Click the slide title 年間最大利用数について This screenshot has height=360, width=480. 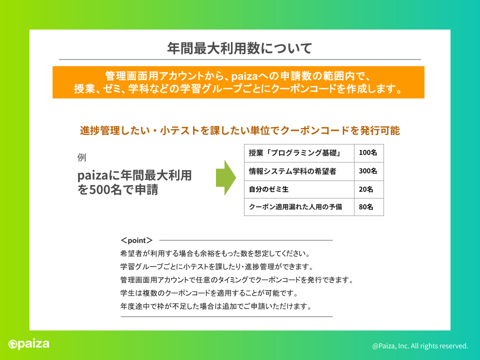pyautogui.click(x=239, y=48)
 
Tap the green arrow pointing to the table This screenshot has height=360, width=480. pyautogui.click(x=226, y=177)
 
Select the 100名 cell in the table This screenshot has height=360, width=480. pyautogui.click(x=368, y=152)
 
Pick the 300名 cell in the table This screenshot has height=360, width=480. pyautogui.click(x=368, y=171)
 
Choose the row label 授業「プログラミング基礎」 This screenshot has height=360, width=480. pyautogui.click(x=295, y=152)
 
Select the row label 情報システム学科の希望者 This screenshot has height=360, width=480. pyautogui.click(x=292, y=171)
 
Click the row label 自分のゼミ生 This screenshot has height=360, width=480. pyautogui.click(x=268, y=189)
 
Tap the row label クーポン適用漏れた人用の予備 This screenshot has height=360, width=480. pyautogui.click(x=295, y=207)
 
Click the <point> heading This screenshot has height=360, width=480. pyautogui.click(x=136, y=240)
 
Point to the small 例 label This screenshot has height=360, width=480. pyautogui.click(x=81, y=157)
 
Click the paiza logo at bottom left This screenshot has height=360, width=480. pyautogui.click(x=29, y=344)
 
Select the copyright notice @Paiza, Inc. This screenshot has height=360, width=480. pyautogui.click(x=420, y=346)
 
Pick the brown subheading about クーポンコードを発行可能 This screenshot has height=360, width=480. pyautogui.click(x=239, y=130)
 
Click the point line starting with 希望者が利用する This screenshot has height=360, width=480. pyautogui.click(x=215, y=253)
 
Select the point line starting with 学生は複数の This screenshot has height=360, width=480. pyautogui.click(x=209, y=293)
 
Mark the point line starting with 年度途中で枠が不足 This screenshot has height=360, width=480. pyautogui.click(x=216, y=306)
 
